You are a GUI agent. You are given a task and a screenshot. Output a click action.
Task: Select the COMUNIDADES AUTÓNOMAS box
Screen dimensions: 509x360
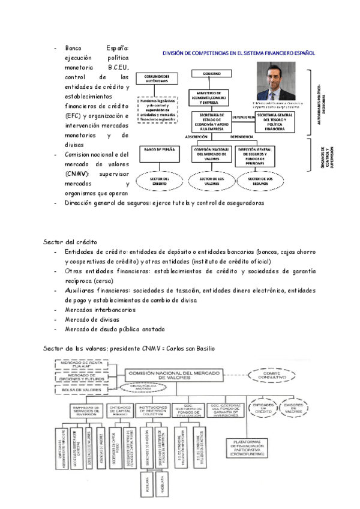coord(157,78)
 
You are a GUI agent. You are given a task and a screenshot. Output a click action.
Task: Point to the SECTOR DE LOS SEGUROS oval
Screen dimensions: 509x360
coord(260,180)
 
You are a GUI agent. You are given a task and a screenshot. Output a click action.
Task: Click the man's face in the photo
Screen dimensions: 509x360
coord(275,79)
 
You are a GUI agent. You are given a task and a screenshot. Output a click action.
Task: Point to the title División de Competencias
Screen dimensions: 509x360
coord(239,53)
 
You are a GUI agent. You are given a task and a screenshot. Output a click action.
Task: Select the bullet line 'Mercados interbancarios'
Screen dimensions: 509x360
coord(100,310)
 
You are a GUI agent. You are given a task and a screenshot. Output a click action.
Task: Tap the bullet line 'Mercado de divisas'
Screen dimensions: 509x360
coord(92,319)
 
